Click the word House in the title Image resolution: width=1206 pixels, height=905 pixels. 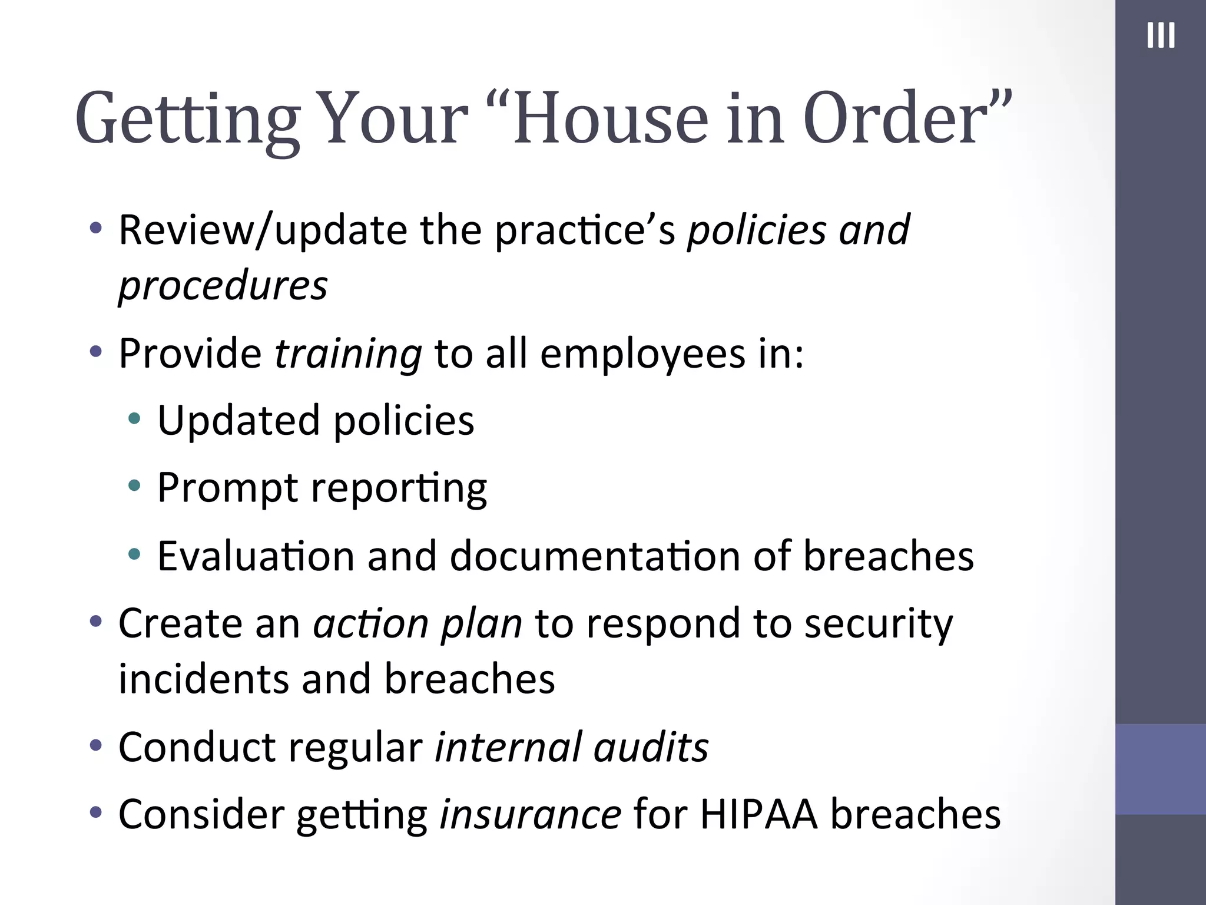(x=610, y=118)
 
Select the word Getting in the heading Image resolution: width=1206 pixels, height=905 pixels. (x=187, y=121)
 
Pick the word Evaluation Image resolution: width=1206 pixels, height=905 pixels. (x=255, y=556)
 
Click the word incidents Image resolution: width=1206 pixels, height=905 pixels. (x=203, y=679)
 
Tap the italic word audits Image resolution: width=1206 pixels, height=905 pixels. (x=651, y=748)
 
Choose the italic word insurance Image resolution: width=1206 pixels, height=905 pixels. (x=530, y=815)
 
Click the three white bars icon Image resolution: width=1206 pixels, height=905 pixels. (x=1161, y=35)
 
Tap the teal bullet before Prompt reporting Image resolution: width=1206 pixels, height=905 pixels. (x=135, y=486)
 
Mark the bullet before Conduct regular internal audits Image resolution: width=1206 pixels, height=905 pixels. (x=95, y=746)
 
